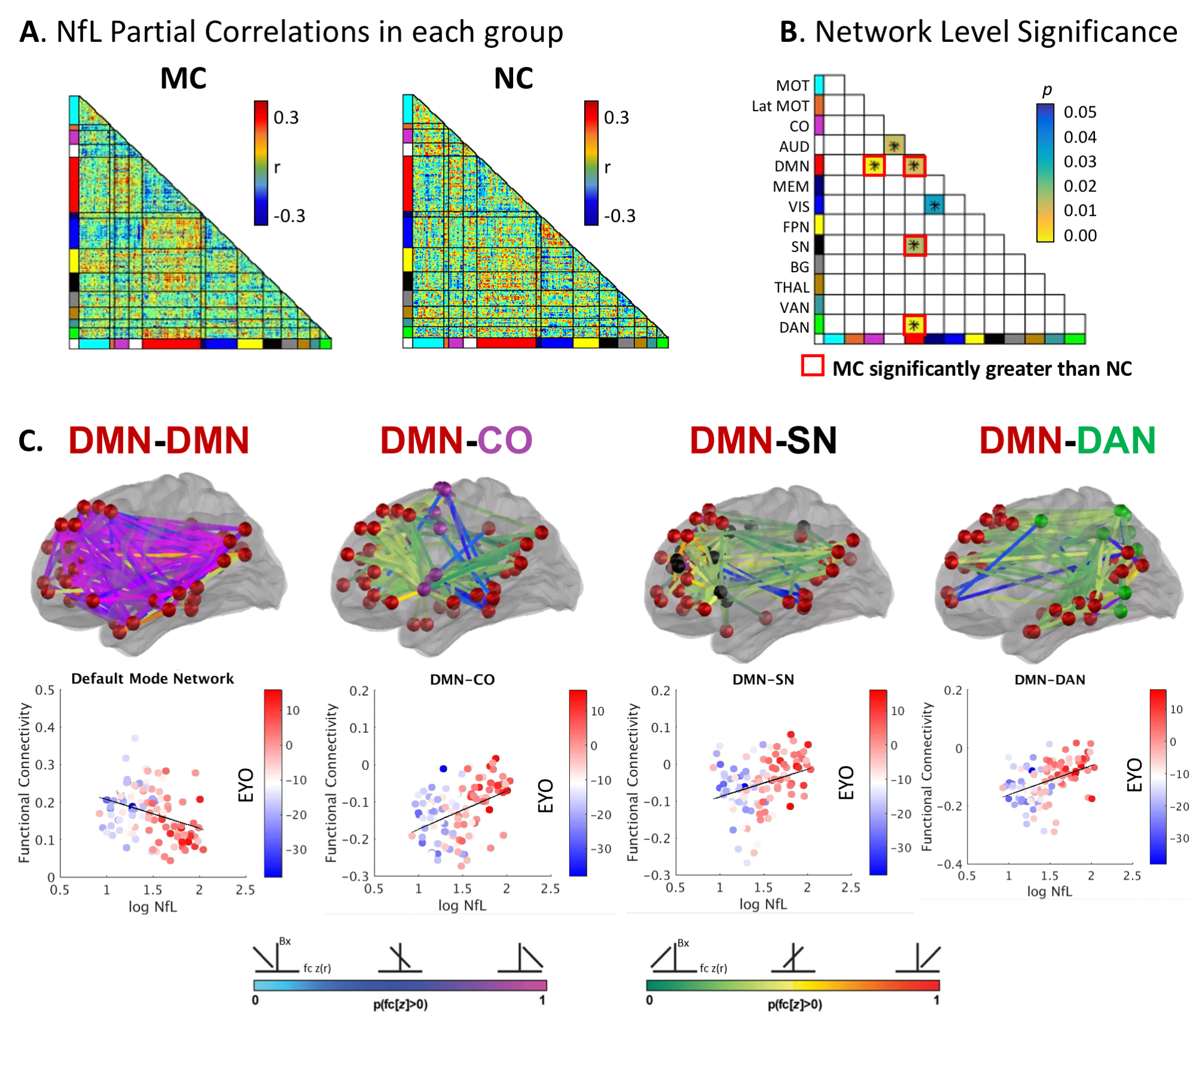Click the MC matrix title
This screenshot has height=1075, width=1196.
tap(183, 78)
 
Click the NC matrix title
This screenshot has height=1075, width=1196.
tap(513, 78)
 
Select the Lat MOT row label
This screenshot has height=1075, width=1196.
tap(780, 106)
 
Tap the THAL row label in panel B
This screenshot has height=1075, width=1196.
tap(791, 287)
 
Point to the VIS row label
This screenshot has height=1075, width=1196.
tap(798, 207)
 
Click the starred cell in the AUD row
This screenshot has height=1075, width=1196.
tap(894, 145)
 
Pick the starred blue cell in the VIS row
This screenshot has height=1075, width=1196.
tap(934, 205)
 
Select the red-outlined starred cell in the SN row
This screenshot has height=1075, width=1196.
tap(914, 245)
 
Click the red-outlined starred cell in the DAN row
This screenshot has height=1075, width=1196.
tap(914, 325)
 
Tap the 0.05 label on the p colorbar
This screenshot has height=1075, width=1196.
tap(1080, 112)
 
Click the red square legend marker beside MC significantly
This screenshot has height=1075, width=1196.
tap(813, 366)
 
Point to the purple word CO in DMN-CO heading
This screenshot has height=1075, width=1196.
tap(505, 440)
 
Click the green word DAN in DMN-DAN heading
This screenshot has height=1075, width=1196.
tap(1116, 440)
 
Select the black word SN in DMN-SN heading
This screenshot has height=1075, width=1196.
tap(811, 440)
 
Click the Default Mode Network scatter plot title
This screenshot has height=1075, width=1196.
tap(152, 678)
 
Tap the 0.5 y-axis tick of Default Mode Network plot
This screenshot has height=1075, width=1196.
tap(45, 690)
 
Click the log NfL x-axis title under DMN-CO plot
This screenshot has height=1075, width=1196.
tap(462, 905)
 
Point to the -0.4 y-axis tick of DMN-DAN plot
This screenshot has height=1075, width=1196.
tap(950, 864)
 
